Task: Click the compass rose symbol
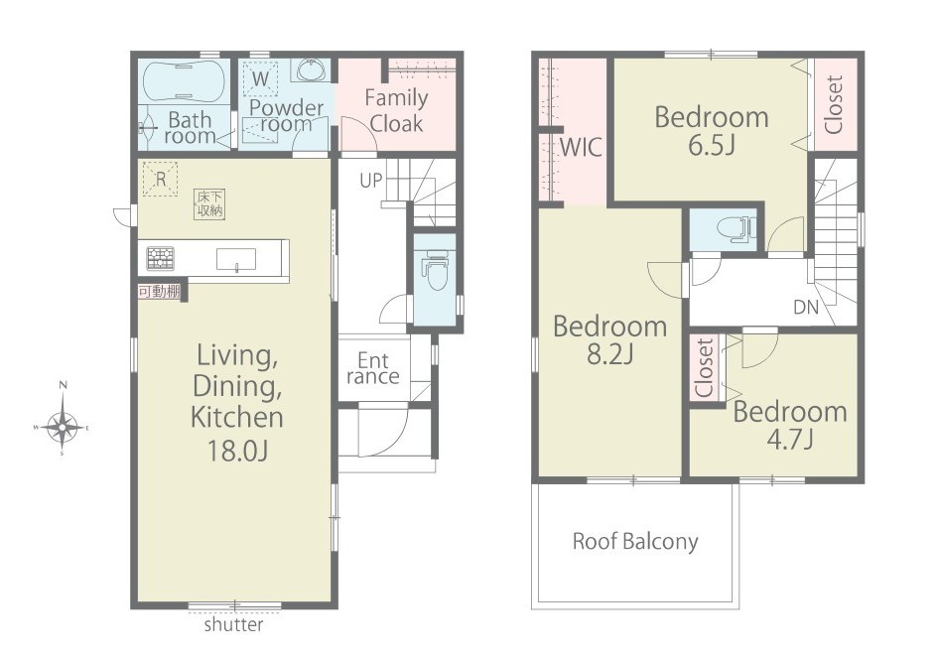click(63, 427)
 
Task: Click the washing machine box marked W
click(260, 78)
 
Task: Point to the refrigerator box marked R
click(161, 179)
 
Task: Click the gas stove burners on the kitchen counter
click(161, 258)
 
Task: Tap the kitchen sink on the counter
click(235, 260)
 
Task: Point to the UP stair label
click(370, 181)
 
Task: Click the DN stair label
click(805, 308)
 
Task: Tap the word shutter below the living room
click(233, 625)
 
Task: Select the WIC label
click(581, 147)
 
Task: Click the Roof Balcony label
click(635, 541)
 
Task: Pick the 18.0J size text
click(236, 451)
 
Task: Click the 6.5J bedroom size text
click(712, 145)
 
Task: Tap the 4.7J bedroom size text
click(790, 440)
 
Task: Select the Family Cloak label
click(396, 110)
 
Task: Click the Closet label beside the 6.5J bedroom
click(834, 104)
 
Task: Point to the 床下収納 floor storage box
click(210, 203)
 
